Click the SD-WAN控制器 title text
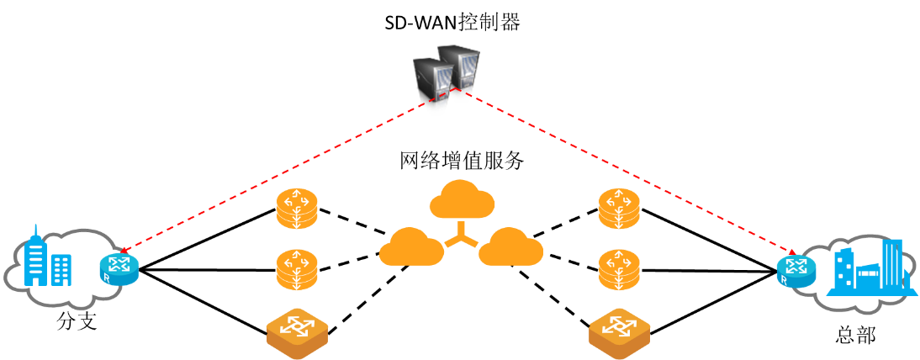coord(452,23)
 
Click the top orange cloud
coord(461,200)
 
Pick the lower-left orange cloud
coord(411,250)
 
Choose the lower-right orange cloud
coord(511,250)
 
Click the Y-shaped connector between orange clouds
coord(461,235)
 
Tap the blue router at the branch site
coord(119,269)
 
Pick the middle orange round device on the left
coord(296,270)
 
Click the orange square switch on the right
coord(620,334)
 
